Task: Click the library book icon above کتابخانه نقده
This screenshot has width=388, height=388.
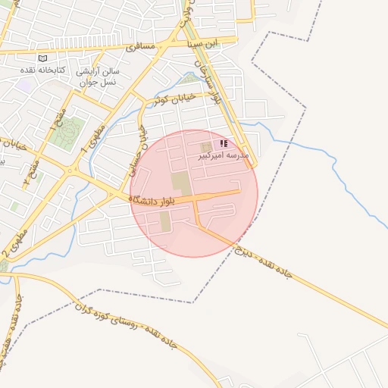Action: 42,58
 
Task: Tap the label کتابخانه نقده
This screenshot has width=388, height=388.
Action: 44,70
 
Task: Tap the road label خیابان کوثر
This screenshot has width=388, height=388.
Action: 174,99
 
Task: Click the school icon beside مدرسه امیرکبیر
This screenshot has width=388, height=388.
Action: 224,143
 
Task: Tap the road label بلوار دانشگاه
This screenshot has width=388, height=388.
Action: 152,200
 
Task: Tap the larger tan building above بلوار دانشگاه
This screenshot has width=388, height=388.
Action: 180,182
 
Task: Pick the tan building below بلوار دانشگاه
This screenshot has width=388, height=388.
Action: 164,223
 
